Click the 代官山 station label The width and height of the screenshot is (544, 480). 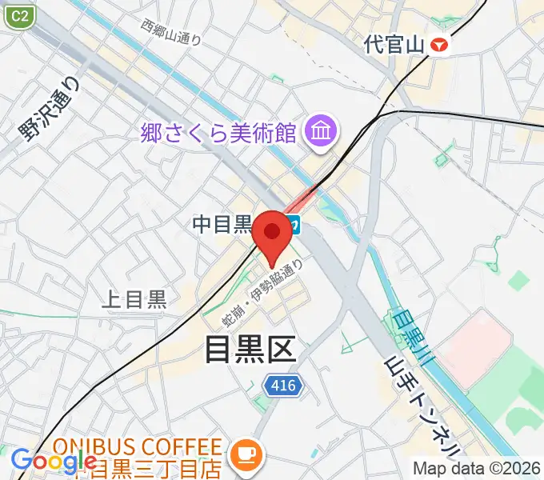(393, 44)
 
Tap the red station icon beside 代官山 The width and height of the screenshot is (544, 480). (439, 45)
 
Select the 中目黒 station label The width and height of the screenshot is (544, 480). (222, 225)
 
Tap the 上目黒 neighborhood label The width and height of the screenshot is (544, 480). (134, 299)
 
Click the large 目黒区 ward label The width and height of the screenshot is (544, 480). (250, 349)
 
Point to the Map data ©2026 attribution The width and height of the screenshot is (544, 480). (476, 468)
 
